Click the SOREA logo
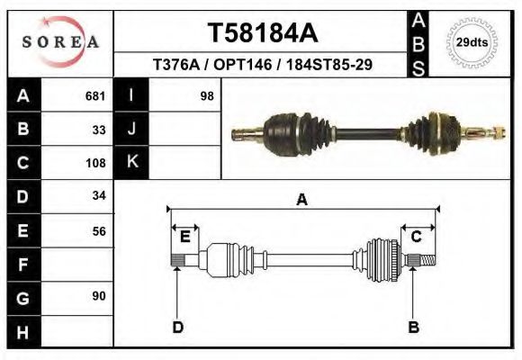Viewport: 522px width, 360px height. click(x=60, y=42)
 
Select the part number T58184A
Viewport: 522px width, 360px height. click(x=262, y=33)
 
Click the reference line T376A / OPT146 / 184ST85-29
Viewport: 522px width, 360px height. click(x=264, y=66)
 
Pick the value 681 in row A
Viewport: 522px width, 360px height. click(x=95, y=95)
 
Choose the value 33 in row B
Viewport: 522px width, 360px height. click(x=99, y=130)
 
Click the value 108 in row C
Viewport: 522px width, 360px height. click(x=95, y=164)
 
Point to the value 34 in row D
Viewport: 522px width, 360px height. click(x=99, y=195)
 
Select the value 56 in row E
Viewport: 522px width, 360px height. click(x=99, y=230)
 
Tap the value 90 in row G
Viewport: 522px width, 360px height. click(x=99, y=296)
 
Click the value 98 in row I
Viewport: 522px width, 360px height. click(x=206, y=95)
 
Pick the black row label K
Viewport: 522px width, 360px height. click(x=132, y=163)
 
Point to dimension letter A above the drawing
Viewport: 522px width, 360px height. click(x=301, y=200)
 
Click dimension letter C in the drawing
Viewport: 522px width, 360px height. click(x=417, y=237)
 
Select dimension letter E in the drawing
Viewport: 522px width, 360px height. click(x=184, y=237)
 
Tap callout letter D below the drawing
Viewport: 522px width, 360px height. click(x=177, y=327)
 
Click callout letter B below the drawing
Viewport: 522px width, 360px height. click(x=413, y=327)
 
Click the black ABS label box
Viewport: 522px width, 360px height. click(x=418, y=42)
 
